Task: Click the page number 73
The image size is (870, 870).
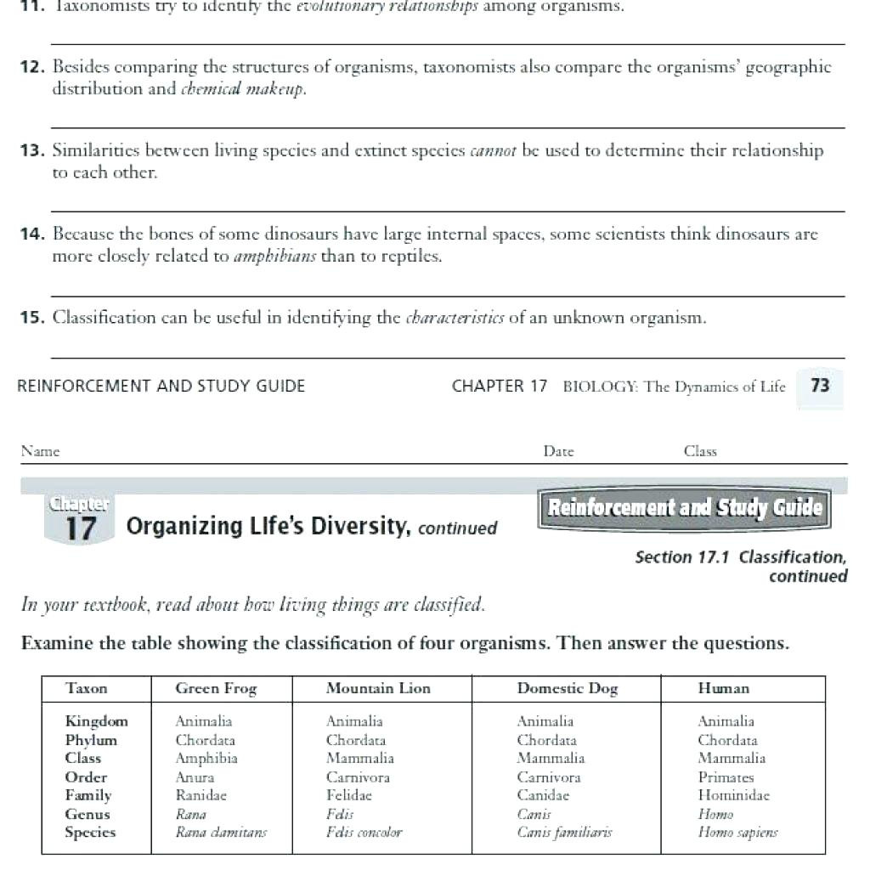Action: pyautogui.click(x=820, y=386)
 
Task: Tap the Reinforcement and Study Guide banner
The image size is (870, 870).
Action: pyautogui.click(x=685, y=508)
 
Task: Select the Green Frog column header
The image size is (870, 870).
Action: pyautogui.click(x=216, y=689)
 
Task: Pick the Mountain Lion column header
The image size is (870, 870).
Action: pyautogui.click(x=378, y=689)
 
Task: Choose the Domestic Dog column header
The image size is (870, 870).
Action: pyautogui.click(x=567, y=689)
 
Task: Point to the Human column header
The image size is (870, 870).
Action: pyautogui.click(x=723, y=689)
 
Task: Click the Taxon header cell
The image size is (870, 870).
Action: pyautogui.click(x=87, y=689)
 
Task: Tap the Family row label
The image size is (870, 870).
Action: pyautogui.click(x=88, y=796)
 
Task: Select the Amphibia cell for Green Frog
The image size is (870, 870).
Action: pyautogui.click(x=206, y=759)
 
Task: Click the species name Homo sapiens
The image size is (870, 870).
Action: pyautogui.click(x=737, y=833)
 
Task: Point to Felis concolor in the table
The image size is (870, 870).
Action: pyautogui.click(x=364, y=833)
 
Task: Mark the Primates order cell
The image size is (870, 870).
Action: pyautogui.click(x=726, y=777)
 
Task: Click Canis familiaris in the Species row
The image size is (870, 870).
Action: pyautogui.click(x=564, y=833)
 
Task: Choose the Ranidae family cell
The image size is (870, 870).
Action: pyautogui.click(x=201, y=796)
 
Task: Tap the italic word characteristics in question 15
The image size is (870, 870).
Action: pyautogui.click(x=455, y=319)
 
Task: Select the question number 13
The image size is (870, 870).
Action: pyautogui.click(x=32, y=151)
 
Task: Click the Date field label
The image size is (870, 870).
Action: pyautogui.click(x=558, y=452)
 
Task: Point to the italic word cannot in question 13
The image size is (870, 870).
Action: pyautogui.click(x=494, y=151)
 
